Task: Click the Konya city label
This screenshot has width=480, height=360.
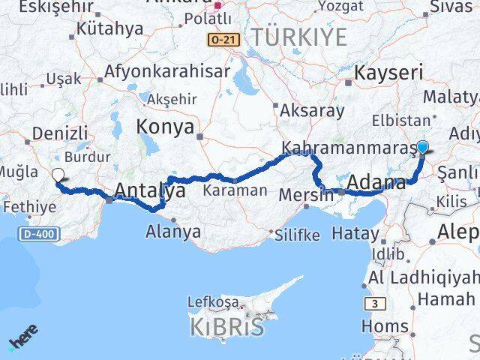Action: pyautogui.click(x=164, y=126)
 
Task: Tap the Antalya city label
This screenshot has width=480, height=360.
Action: pyautogui.click(x=150, y=191)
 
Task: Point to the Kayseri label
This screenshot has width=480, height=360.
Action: pyautogui.click(x=388, y=73)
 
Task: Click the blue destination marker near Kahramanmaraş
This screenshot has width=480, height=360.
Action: pyautogui.click(x=422, y=148)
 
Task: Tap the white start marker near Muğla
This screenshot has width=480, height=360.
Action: pyautogui.click(x=58, y=175)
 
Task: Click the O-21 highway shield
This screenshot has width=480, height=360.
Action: pyautogui.click(x=224, y=38)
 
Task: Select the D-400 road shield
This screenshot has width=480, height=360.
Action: pyautogui.click(x=37, y=235)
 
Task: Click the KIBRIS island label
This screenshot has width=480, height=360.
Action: pyautogui.click(x=226, y=328)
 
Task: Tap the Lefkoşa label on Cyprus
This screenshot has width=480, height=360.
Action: pyautogui.click(x=214, y=302)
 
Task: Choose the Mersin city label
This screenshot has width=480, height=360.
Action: pyautogui.click(x=305, y=195)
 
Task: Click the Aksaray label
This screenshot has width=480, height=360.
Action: pyautogui.click(x=312, y=111)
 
